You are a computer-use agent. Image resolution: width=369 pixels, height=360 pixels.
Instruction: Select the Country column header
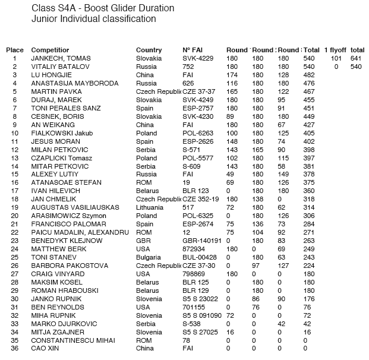click(149, 50)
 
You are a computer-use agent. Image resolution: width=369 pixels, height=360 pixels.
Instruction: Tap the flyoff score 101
click(336, 59)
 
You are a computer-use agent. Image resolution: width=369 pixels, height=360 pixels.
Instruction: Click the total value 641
click(357, 59)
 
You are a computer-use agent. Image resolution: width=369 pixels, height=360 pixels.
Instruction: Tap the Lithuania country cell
click(151, 207)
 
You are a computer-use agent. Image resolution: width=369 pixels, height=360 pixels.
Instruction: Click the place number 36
click(14, 349)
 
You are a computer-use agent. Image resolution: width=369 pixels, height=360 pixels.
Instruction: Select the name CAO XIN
click(45, 349)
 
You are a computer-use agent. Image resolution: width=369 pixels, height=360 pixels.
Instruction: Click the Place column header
click(14, 50)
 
